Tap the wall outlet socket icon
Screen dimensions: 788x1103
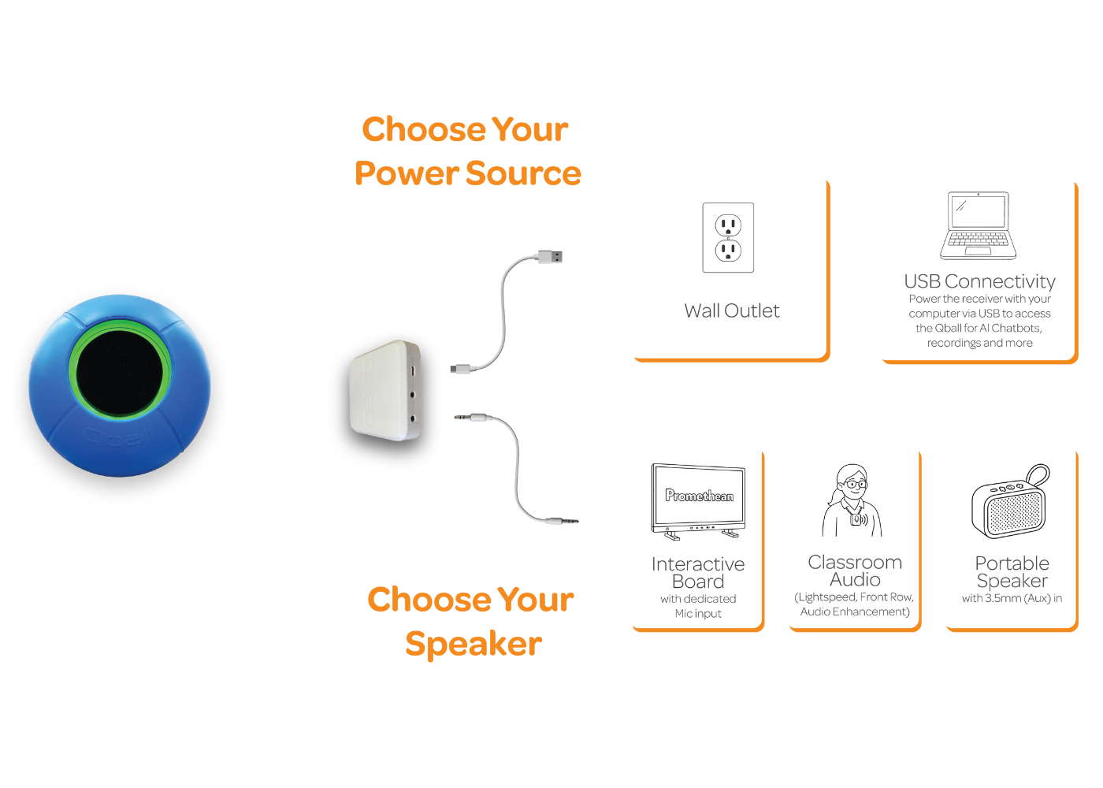click(728, 238)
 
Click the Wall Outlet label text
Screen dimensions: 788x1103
click(732, 311)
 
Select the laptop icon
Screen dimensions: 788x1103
click(978, 226)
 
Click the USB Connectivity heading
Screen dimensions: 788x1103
click(979, 281)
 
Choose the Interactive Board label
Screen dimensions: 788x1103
click(698, 573)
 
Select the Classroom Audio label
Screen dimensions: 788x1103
click(855, 571)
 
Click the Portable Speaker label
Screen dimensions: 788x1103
click(1012, 572)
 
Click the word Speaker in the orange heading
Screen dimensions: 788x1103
click(474, 644)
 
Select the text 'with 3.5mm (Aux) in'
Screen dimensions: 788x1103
click(1012, 598)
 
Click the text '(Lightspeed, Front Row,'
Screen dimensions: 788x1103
click(854, 597)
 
